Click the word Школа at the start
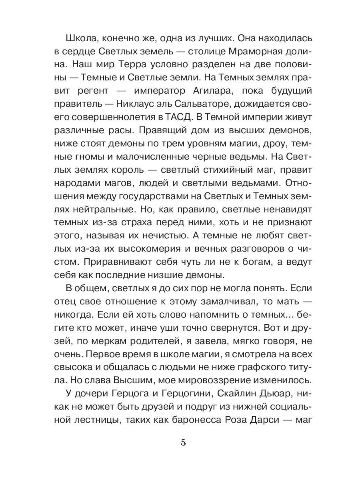pyautogui.click(x=81, y=39)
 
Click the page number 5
pyautogui.click(x=183, y=442)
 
